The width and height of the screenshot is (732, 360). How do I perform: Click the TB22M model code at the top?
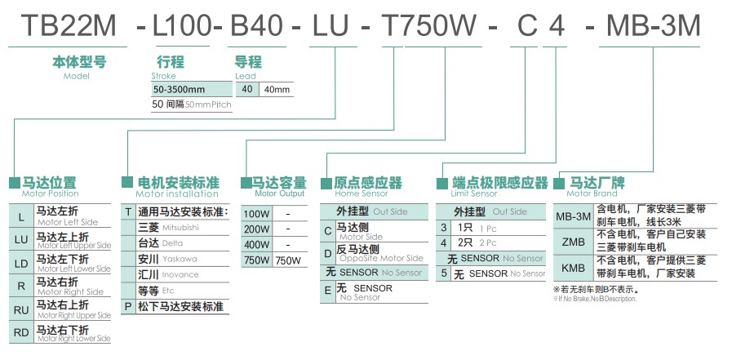[x=69, y=26]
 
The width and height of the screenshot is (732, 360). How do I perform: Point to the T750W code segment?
[x=428, y=26]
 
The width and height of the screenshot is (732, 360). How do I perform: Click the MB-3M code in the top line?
[x=653, y=26]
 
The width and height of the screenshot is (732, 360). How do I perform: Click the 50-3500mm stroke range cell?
[x=180, y=89]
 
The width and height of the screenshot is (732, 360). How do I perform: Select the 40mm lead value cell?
[x=277, y=89]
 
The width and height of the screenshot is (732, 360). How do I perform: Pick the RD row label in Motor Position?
[x=21, y=332]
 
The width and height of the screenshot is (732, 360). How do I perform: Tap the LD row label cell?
[x=21, y=263]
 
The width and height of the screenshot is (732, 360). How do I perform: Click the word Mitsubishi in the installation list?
[x=180, y=228]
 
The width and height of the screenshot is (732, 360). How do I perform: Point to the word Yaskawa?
[x=180, y=259]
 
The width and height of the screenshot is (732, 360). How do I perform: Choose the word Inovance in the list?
[x=180, y=274]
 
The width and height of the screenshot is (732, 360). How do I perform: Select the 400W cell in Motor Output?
[x=256, y=245]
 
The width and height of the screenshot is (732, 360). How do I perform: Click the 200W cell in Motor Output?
[x=256, y=229]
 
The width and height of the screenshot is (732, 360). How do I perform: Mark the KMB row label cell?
[x=573, y=268]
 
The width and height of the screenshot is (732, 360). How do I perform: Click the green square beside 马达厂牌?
[x=560, y=184]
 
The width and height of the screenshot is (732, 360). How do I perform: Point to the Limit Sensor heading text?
[x=473, y=194]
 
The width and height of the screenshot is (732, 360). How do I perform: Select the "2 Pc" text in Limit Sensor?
[x=488, y=243]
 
